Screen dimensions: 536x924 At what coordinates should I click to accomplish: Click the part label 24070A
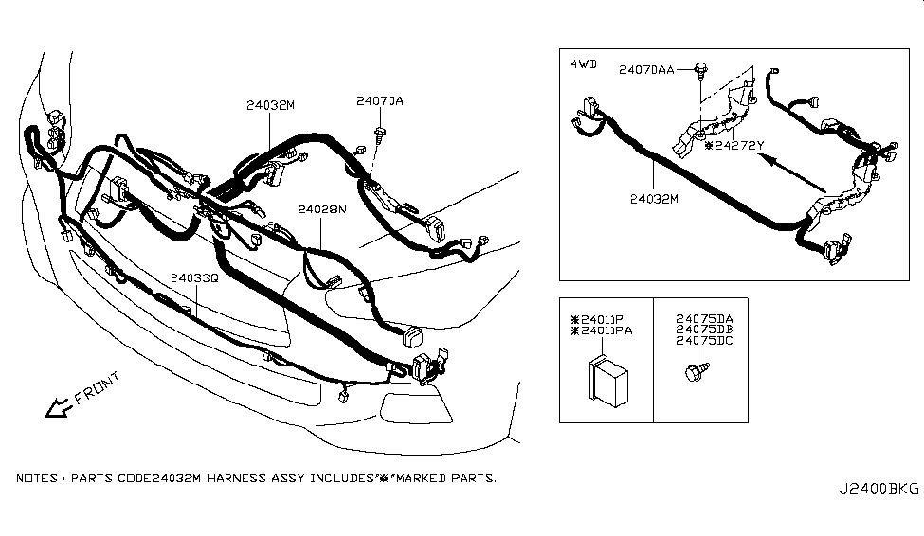[x=380, y=101]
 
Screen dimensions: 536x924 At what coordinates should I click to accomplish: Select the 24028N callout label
[x=319, y=209]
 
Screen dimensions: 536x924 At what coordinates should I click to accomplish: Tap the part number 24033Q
[x=194, y=279]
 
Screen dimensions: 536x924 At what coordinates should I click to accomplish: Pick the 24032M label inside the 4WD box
[x=655, y=200]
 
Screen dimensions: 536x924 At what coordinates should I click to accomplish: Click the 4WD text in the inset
[x=583, y=63]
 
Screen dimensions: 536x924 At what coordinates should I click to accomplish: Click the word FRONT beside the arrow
[x=98, y=388]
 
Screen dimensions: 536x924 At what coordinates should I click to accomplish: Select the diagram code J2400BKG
[x=878, y=490]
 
